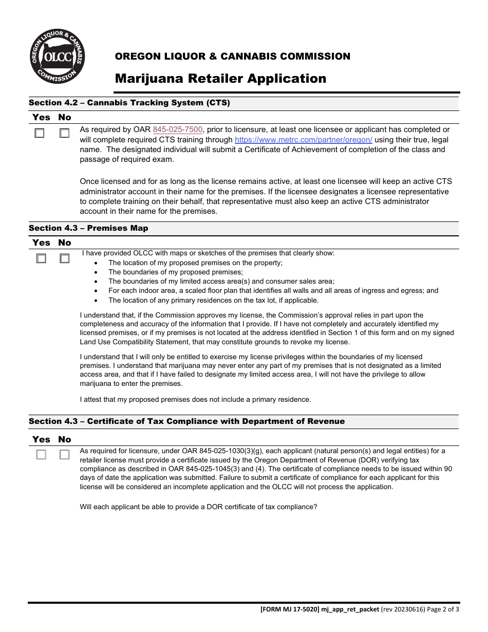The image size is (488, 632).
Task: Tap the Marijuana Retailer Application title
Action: click(x=220, y=79)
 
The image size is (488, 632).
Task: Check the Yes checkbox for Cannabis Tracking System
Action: click(x=40, y=134)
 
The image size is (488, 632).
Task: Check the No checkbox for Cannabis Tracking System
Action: click(x=64, y=134)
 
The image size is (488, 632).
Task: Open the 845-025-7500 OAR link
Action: click(x=178, y=130)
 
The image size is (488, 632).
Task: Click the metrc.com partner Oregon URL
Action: click(x=303, y=140)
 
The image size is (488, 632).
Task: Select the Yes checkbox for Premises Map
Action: click(x=41, y=259)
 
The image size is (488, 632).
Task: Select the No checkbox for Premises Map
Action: click(x=64, y=259)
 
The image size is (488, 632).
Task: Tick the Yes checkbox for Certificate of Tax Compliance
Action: click(x=41, y=455)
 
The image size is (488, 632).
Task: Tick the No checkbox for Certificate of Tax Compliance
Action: click(x=64, y=455)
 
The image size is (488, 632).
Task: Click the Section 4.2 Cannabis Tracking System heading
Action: click(x=129, y=103)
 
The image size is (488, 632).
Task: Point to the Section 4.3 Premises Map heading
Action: click(x=88, y=228)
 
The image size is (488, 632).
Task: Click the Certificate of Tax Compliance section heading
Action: click(x=186, y=421)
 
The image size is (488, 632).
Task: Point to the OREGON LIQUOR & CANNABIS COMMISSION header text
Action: click(x=232, y=57)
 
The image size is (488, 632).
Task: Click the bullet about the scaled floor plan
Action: click(x=273, y=291)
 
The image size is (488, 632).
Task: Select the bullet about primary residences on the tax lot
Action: click(x=213, y=300)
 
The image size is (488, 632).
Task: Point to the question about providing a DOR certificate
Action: click(x=198, y=507)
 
